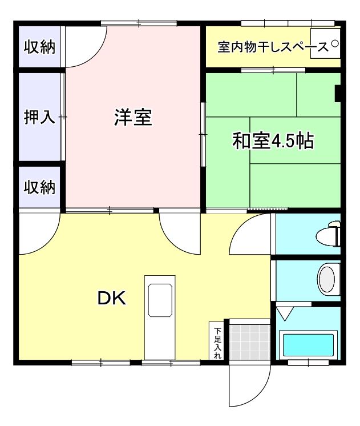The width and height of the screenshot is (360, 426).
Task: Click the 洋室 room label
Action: click(133, 118)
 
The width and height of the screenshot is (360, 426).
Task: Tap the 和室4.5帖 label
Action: click(273, 140)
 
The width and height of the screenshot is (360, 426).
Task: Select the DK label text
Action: click(111, 298)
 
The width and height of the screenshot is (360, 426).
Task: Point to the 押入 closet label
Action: click(39, 117)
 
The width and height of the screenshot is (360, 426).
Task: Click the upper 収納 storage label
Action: click(39, 47)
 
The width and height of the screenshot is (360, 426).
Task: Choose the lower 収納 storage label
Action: click(39, 187)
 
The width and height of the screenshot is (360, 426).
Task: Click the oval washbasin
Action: click(327, 279)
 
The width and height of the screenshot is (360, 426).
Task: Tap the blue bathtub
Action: click(309, 345)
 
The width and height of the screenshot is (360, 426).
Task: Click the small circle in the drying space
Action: click(335, 43)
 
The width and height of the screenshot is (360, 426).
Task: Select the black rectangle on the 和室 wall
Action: click(338, 93)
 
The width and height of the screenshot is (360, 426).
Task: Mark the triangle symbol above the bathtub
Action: click(284, 314)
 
